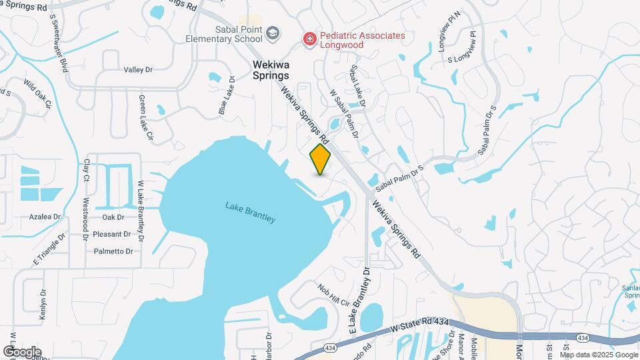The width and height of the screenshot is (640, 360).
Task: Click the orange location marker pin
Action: click(x=320, y=159)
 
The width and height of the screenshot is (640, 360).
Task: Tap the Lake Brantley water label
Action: click(x=250, y=212)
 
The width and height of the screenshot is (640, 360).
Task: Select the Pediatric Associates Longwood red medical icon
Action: click(x=309, y=40)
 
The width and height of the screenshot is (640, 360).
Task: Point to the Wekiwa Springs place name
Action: click(x=275, y=70)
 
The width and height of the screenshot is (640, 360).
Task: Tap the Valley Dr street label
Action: click(x=138, y=69)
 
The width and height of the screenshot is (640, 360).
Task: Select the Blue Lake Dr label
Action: click(x=227, y=95)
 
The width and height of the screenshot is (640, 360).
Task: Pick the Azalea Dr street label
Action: click(x=45, y=217)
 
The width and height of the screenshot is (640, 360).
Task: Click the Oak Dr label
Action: click(x=113, y=217)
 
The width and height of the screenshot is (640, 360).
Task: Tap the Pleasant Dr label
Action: click(x=111, y=234)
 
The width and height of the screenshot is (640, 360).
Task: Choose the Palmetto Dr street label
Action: click(x=113, y=251)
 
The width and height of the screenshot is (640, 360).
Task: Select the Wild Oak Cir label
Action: click(x=37, y=94)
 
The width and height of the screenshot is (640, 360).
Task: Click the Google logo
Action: click(x=22, y=351)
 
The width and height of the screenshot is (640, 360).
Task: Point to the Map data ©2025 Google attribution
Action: click(x=598, y=354)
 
